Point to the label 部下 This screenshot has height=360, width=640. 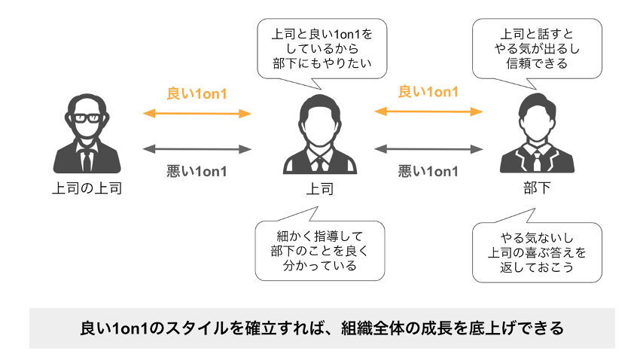pos(536,188)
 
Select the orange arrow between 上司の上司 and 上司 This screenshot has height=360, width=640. pos(197,114)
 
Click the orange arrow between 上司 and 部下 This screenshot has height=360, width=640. pos(428,111)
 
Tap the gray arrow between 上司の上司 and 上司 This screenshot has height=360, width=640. pos(197,149)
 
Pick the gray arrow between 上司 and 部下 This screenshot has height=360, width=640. pos(428,149)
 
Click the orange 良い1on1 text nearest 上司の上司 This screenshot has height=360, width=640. pos(197,95)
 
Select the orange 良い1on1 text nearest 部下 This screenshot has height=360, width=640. pos(428,92)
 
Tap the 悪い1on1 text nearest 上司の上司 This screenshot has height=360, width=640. pos(197,171)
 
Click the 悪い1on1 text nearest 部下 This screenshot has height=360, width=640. pos(428,171)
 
